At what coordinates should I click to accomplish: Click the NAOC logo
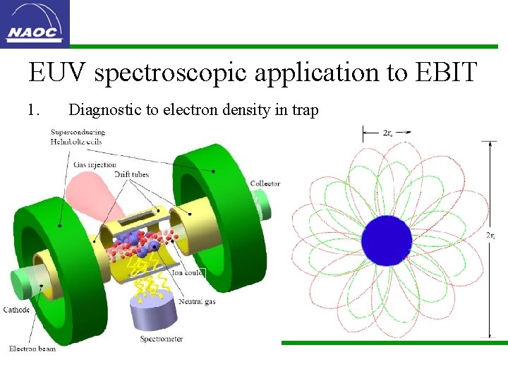(35, 23)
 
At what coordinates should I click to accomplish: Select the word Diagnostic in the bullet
(99, 110)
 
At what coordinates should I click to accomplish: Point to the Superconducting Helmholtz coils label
(78, 136)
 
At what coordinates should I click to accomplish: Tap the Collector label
(265, 183)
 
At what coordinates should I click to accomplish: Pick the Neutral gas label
(197, 301)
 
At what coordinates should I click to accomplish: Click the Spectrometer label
(161, 339)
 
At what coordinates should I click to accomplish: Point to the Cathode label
(16, 309)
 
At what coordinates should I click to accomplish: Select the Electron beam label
(32, 349)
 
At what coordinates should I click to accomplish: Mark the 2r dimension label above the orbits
(387, 132)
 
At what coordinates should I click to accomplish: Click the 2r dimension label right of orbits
(491, 236)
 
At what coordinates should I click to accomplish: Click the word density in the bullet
(250, 110)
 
